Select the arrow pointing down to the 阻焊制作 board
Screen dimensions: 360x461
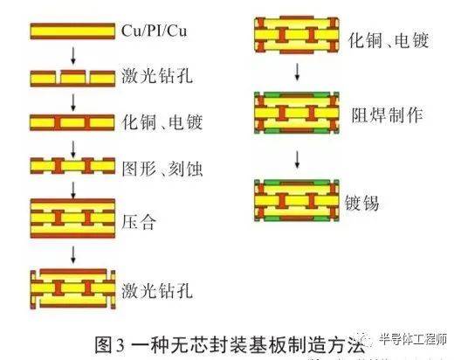click(x=298, y=72)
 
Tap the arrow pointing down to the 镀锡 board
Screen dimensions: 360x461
click(x=298, y=159)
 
